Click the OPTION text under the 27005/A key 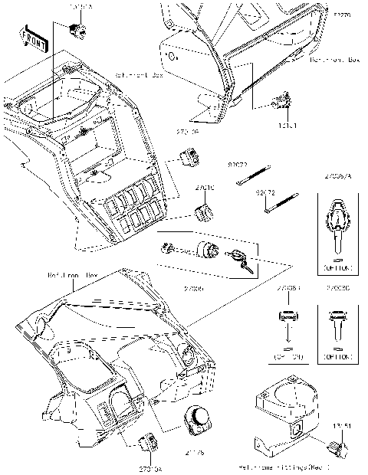point(337,269)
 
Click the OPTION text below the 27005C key point(336,357)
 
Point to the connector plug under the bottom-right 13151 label point(336,446)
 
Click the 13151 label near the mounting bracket point(342,426)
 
